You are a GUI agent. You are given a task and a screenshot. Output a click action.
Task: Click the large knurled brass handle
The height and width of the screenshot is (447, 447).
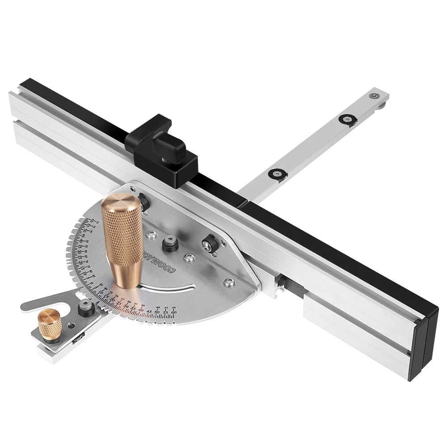[x=122, y=241]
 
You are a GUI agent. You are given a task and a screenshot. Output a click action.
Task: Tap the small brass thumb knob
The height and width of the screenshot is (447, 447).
[x=49, y=325]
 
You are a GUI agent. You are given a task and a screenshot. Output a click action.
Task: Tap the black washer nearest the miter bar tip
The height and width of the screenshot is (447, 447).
[x=347, y=119]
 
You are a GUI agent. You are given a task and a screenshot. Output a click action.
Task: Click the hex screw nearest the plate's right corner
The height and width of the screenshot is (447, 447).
[x=230, y=282]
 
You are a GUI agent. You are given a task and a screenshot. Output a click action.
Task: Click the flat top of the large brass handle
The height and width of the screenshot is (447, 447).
[x=121, y=201]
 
